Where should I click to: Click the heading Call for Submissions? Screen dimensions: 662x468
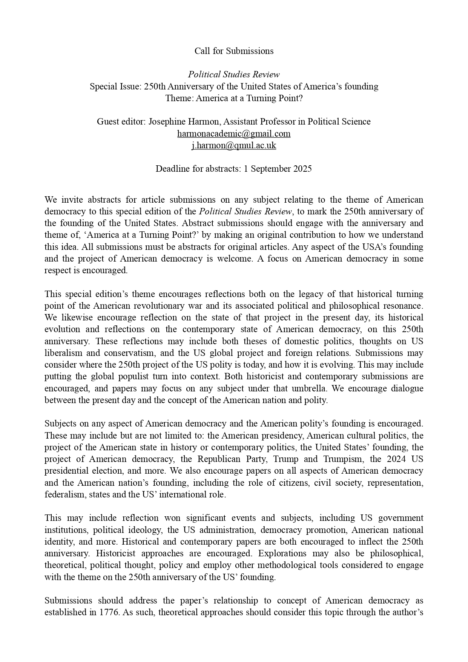(234, 51)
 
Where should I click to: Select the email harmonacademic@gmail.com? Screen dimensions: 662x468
(234, 134)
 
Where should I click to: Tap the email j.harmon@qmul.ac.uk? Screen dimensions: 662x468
(234, 145)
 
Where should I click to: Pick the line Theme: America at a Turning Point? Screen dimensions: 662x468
(234, 98)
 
